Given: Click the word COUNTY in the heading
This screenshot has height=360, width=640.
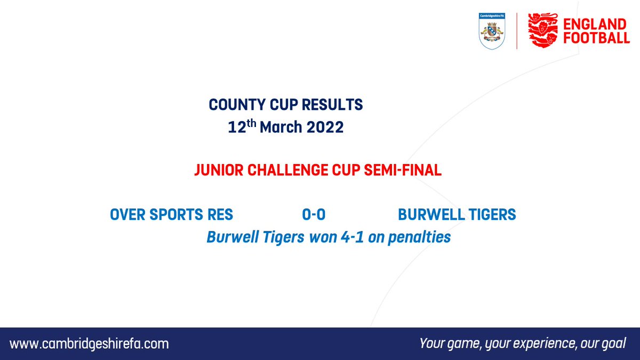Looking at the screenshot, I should click(x=233, y=105).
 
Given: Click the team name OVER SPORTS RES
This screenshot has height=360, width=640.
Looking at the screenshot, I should click(x=171, y=214).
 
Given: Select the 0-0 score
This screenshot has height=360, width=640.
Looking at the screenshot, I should click(x=314, y=214).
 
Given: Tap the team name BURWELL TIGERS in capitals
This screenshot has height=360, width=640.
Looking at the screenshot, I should click(x=457, y=214).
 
